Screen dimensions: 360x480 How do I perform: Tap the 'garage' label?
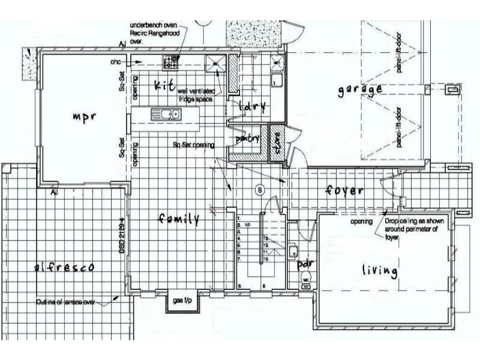point(359,90)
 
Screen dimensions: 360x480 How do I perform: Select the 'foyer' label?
point(344,191)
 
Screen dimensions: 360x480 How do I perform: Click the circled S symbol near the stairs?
point(260,190)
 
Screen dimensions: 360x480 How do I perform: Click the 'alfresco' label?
point(65,268)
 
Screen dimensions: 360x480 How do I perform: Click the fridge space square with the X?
point(214,61)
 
